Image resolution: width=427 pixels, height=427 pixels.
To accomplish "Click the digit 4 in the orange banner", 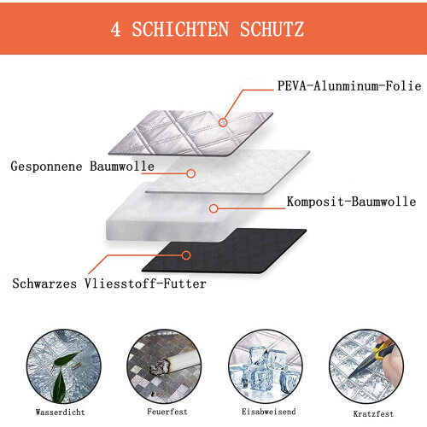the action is coord(115,29).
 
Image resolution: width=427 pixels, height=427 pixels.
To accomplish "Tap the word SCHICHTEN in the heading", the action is coord(180,29).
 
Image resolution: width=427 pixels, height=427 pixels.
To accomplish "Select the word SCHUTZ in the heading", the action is coord(272,29).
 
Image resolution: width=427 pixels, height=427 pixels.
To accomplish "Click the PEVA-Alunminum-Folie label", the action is coord(349,85).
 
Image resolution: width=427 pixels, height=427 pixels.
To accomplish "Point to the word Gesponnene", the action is coord(46,167).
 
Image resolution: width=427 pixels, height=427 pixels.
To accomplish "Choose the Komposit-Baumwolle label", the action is coord(351,202).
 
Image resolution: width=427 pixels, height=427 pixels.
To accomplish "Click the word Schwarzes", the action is coord(44,284).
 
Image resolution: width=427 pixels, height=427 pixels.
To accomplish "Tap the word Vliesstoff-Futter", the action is coord(145,284).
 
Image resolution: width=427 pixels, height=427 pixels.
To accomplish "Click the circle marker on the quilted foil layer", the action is coord(223,122).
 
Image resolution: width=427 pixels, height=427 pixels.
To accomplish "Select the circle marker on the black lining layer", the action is coord(186,255).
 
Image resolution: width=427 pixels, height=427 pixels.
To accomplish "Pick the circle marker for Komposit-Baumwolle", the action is coord(213,208).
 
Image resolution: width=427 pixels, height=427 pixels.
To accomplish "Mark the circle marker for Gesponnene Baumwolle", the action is coord(191,173).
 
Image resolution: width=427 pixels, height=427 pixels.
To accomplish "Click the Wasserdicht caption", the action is coord(61,412).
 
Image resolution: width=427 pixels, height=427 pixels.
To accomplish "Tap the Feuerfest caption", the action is coord(167,412).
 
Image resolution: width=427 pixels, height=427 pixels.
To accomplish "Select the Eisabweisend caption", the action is coord(269,412).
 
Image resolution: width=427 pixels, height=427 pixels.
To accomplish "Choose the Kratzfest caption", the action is coord(373,413).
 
